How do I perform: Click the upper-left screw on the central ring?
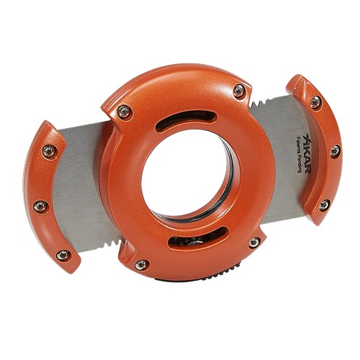tap(124, 112)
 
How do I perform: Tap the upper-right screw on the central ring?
tap(239, 91)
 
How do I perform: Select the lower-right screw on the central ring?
tap(254, 243)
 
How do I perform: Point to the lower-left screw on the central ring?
tap(141, 265)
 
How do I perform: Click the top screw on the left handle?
tap(49, 151)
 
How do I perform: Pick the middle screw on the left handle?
tap(40, 206)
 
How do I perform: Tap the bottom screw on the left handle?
tap(63, 255)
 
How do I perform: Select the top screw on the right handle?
tap(315, 102)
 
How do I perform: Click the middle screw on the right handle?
tap(336, 151)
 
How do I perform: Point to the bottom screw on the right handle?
tap(324, 204)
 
